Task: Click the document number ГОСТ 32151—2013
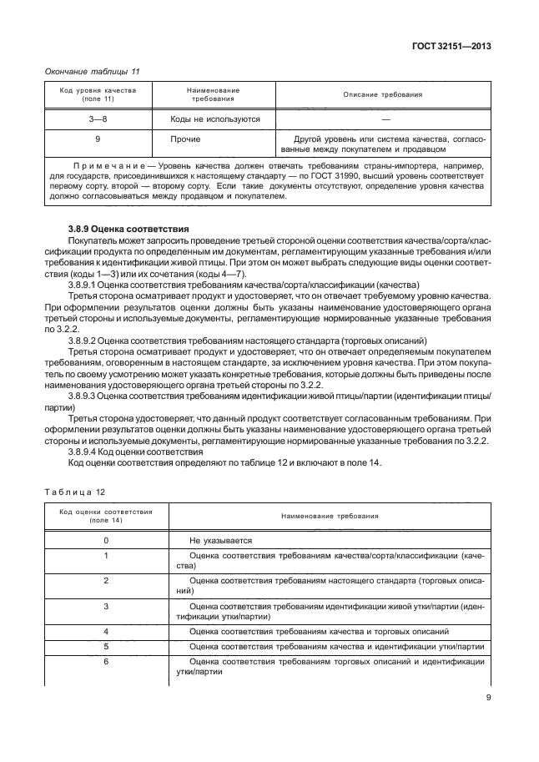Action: (450, 47)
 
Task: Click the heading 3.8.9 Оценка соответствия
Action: (128, 228)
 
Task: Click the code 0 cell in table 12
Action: (105, 540)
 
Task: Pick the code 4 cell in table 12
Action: (105, 631)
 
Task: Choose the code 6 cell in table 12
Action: (105, 661)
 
